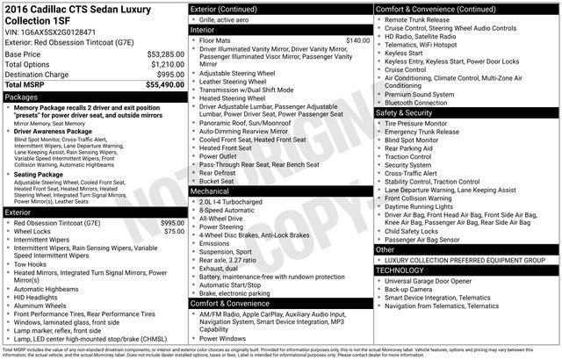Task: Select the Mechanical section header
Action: coord(210,190)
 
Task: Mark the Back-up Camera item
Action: coord(413,290)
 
